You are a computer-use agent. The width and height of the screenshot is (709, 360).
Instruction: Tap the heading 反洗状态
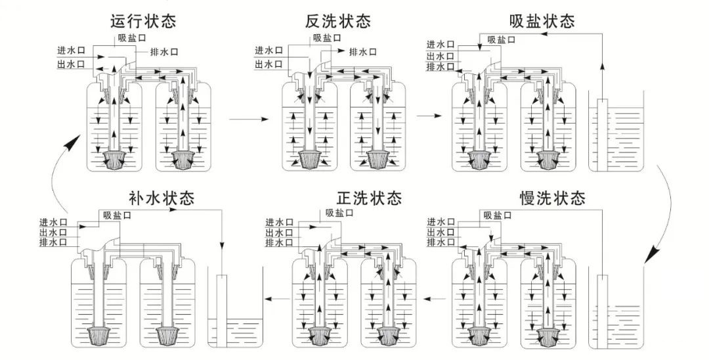point(338,21)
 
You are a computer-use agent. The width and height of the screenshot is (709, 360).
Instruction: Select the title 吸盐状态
point(542,21)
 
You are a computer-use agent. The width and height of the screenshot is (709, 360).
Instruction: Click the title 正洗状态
point(369,197)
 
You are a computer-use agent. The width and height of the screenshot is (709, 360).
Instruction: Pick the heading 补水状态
point(162,197)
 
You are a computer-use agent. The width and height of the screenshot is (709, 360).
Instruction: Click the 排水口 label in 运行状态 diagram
point(163,52)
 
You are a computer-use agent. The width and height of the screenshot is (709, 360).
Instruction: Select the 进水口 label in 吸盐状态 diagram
point(440,45)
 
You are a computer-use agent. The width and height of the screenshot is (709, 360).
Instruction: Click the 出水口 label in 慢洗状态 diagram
point(440,232)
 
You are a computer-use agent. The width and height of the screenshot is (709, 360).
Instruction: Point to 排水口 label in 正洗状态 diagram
point(279,243)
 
